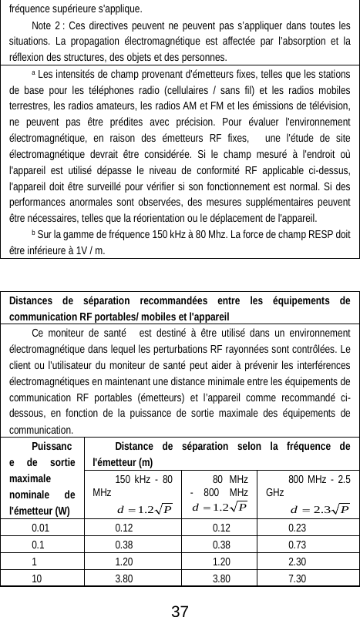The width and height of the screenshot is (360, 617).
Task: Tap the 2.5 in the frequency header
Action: (343, 478)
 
